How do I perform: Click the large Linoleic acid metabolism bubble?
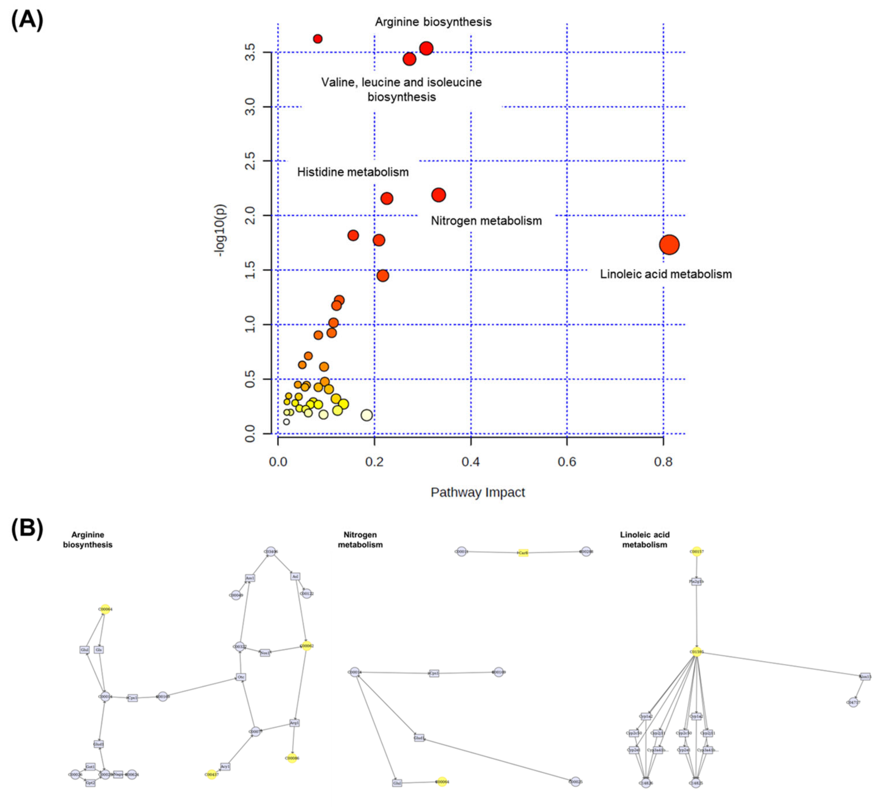[669, 245]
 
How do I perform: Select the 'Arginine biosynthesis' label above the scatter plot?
[433, 22]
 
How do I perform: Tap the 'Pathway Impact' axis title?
[478, 492]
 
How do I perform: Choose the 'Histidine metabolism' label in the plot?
[353, 172]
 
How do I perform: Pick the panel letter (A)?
[27, 20]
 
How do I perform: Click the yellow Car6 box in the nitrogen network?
[523, 553]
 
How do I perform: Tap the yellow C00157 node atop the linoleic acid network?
[697, 552]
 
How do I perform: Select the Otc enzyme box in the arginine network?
[241, 677]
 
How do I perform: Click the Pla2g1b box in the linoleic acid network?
[697, 582]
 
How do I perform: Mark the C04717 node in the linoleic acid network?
[853, 703]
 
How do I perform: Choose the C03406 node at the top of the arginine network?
[271, 552]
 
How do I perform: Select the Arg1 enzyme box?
[295, 723]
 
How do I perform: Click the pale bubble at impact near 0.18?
[367, 415]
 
